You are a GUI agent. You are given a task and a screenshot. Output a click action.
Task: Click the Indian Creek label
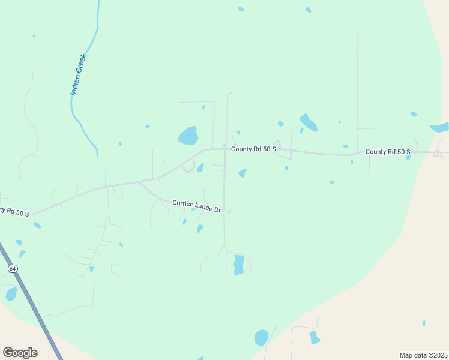tap(79, 75)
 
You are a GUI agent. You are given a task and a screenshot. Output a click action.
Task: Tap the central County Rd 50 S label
tap(250, 148)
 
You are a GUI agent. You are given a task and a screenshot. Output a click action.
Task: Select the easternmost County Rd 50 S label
tap(388, 152)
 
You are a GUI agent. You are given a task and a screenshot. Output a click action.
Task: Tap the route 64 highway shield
tap(12, 269)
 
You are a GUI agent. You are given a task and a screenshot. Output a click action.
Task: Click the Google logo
tap(20, 352)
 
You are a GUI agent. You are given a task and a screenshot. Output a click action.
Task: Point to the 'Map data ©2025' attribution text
tap(423, 355)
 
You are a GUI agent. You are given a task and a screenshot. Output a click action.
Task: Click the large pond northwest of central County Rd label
tap(188, 136)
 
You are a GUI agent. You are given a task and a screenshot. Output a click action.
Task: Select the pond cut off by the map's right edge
tap(440, 127)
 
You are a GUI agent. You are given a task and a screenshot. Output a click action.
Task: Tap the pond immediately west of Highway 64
tap(11, 294)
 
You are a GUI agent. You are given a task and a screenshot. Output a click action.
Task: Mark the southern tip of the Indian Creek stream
tap(97, 155)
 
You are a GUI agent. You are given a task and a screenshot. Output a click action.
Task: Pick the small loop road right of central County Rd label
tap(278, 145)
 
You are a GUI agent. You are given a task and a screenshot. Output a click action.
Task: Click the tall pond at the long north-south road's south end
tap(238, 265)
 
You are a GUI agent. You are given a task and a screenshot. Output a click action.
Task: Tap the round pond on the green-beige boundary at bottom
tap(261, 338)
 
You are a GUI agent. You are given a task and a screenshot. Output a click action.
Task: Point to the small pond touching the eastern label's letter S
tap(408, 157)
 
